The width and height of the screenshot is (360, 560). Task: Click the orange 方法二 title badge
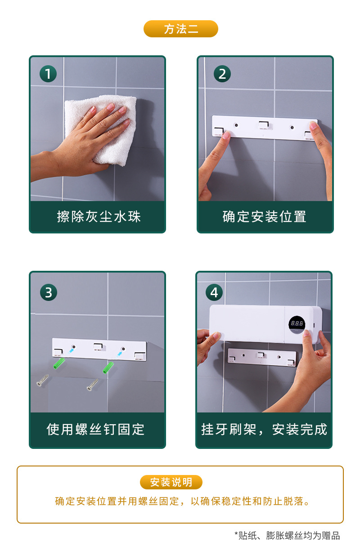click(180, 29)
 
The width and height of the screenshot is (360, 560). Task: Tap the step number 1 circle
click(48, 73)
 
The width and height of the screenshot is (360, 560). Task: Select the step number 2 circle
click(222, 73)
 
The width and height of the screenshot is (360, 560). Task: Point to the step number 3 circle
click(48, 293)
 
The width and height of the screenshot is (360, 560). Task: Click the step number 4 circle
click(214, 293)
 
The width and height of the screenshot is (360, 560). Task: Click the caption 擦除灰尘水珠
click(99, 217)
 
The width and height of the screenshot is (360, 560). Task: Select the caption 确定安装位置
click(265, 217)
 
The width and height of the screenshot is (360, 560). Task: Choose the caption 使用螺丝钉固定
click(95, 429)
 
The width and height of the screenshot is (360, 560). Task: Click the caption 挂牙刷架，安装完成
click(264, 429)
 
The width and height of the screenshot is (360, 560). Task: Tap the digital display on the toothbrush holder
click(297, 323)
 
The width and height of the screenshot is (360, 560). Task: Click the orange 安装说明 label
click(171, 482)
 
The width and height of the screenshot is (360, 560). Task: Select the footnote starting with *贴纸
click(287, 535)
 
